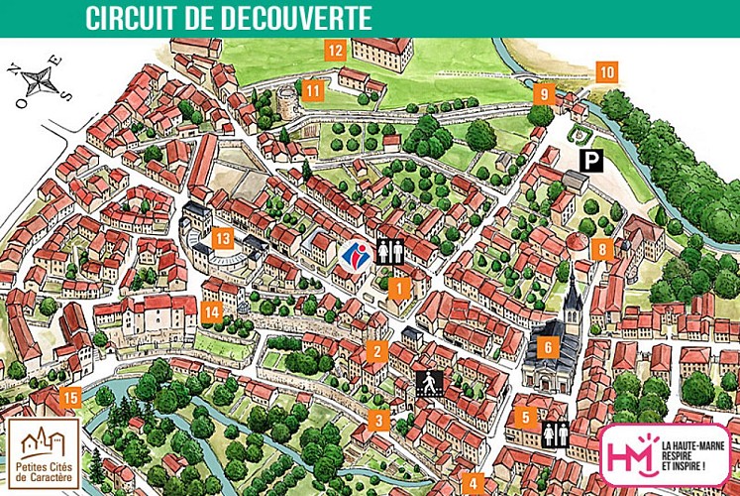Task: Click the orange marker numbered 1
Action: pos(398,289)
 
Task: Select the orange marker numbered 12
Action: pos(335,49)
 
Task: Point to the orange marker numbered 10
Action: pos(607,71)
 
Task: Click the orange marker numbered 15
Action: pos(68,399)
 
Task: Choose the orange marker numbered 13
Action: pos(223,238)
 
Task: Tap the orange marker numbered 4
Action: pos(473,485)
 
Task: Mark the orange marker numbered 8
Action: pos(600,249)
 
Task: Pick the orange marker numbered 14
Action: pos(212,311)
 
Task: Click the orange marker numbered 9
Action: pos(544,94)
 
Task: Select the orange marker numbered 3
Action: pos(377,420)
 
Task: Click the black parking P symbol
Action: pos(592,160)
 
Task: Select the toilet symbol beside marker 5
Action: pos(554,434)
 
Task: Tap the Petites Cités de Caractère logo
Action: pos(44,452)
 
